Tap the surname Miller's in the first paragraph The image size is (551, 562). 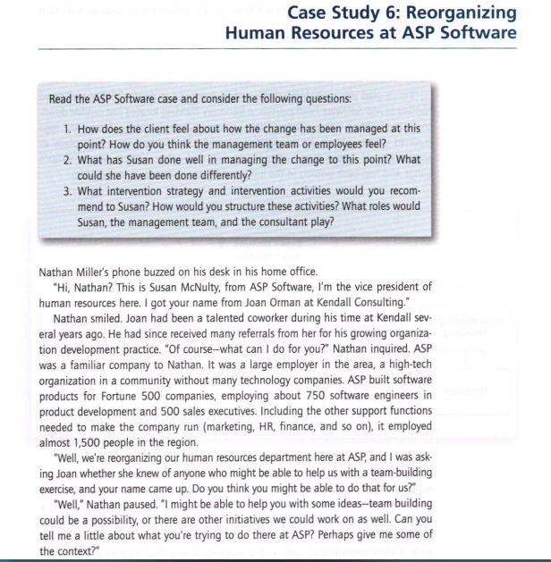(x=104, y=272)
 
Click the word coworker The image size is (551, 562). (x=250, y=318)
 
